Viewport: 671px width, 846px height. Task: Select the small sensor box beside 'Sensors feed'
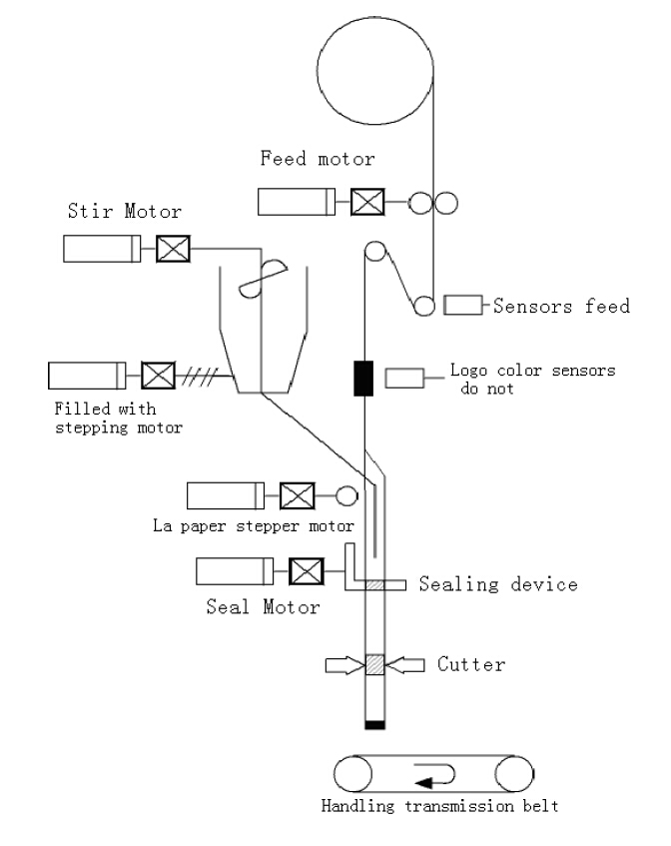(463, 306)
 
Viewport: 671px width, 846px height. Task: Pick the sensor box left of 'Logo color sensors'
(405, 378)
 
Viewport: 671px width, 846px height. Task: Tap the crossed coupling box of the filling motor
(159, 376)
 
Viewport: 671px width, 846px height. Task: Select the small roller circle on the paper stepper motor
(346, 494)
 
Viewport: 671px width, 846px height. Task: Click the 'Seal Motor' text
(264, 605)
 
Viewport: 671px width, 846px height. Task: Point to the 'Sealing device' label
(498, 583)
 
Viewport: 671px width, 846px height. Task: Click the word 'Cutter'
(469, 663)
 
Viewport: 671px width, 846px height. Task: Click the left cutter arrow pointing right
(341, 663)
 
